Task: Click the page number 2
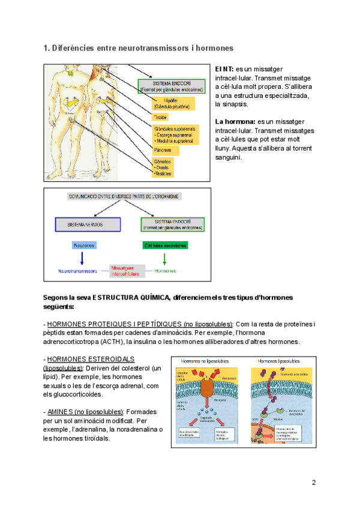(313, 483)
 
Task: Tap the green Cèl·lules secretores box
(165, 245)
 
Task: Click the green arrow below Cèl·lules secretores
(164, 258)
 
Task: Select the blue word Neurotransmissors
(78, 271)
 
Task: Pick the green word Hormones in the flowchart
(165, 271)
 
